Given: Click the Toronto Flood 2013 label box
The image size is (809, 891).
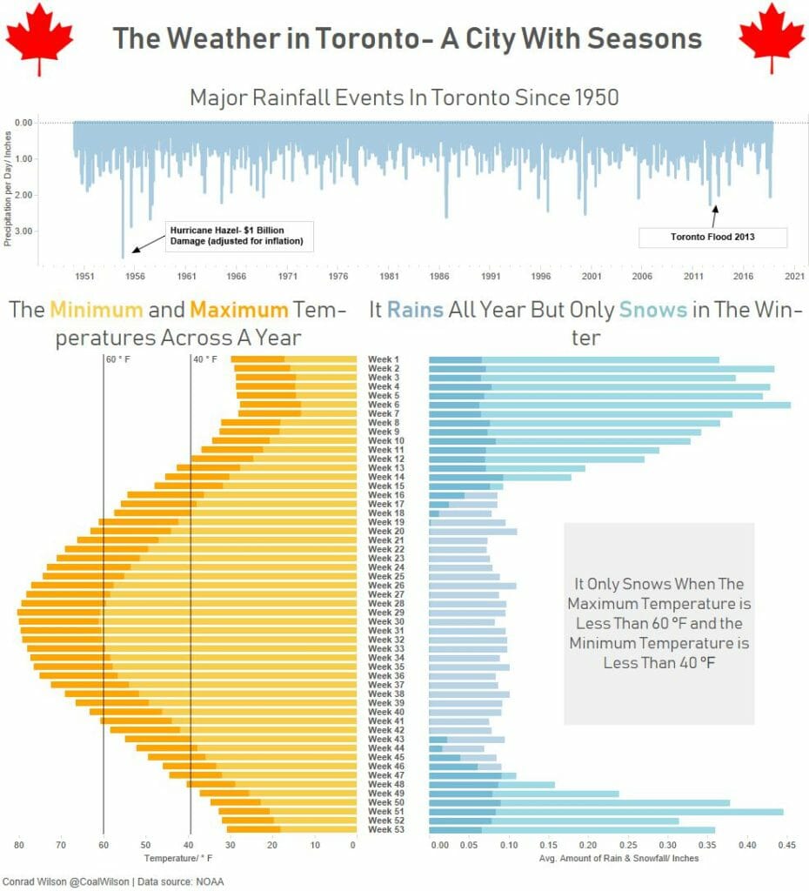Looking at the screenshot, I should coord(712,237).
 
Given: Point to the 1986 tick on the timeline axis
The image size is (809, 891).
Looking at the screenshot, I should coord(440,276).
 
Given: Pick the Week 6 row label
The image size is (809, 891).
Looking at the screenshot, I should coord(384,405).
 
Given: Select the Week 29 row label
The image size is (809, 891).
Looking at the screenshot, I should coord(384,613).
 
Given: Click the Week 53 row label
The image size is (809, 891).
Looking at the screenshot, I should coord(384,829).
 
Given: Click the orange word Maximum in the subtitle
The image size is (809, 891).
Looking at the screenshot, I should coord(238,310).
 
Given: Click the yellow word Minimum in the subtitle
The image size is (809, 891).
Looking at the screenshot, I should coord(97,310).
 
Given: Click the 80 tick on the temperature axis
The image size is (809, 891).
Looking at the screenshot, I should coord(18,844).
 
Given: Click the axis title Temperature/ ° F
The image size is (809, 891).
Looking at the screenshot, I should coord(183,858).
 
